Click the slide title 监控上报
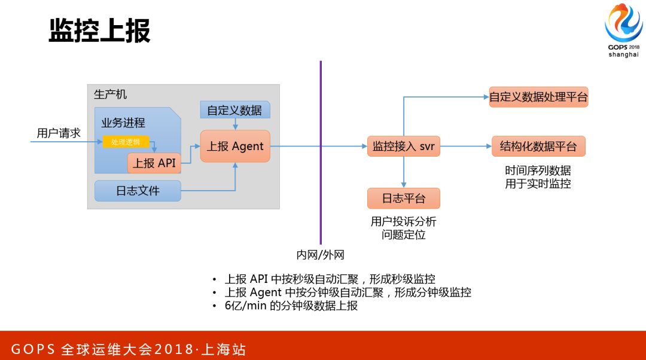99,30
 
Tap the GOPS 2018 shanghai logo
623,32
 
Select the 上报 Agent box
235,146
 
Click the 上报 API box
154,163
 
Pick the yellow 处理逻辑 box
126,142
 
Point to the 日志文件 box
138,191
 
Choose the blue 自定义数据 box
234,110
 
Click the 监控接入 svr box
403,146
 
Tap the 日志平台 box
404,198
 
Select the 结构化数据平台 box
538,146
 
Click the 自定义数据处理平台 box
538,96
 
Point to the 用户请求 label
59,133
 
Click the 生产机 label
110,94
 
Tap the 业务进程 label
123,123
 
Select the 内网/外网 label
321,255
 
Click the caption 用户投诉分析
404,222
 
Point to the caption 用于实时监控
538,184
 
